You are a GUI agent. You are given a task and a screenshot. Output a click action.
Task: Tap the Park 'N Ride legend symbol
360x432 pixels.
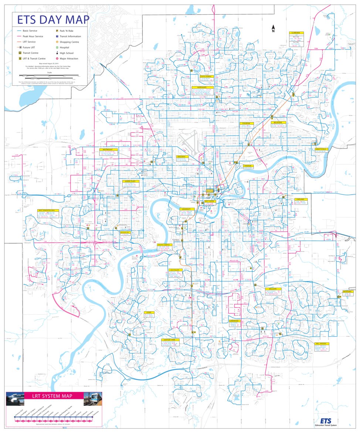[57, 31]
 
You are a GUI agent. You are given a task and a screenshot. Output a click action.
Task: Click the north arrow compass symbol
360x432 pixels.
[273, 28]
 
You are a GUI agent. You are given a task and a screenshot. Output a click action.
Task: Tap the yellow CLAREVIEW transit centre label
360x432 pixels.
[296, 32]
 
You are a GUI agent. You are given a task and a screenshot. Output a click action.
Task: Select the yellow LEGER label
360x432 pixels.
[149, 312]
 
